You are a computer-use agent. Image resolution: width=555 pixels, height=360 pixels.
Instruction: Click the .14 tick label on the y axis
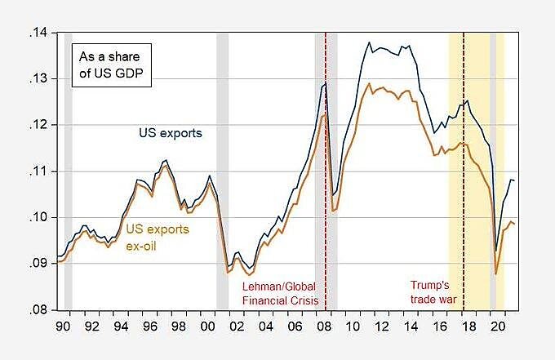point(39,33)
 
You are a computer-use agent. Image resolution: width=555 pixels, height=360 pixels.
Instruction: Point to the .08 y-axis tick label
point(39,310)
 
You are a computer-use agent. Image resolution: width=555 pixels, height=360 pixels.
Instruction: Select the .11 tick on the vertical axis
point(39,171)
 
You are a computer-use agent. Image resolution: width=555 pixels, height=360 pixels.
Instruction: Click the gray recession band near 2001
point(222,163)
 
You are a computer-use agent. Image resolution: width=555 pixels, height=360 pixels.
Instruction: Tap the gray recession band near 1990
point(69,163)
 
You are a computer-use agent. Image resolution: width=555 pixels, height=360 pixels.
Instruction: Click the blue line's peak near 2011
point(368,42)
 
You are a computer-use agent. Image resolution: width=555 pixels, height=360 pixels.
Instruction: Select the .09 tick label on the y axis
point(39,264)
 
